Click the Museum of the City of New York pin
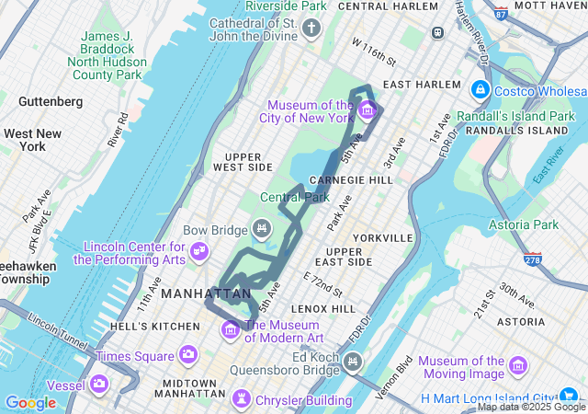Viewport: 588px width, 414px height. [367, 111]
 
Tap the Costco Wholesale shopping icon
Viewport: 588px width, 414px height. [479, 89]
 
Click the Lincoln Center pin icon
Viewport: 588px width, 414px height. [199, 250]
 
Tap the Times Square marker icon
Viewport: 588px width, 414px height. [187, 354]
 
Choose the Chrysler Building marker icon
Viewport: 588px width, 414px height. [242, 399]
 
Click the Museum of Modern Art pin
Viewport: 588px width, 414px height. [231, 328]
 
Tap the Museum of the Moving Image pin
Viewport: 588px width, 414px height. [517, 366]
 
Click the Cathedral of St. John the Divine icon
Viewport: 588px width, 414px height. [311, 29]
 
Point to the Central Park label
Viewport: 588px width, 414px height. [294, 197]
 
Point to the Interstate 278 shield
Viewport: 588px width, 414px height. [532, 259]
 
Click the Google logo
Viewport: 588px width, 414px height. [30, 402]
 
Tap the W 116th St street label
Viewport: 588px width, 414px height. [373, 51]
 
